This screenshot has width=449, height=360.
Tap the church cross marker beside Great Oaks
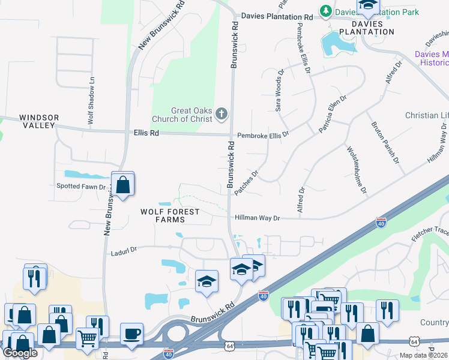tap(221, 113)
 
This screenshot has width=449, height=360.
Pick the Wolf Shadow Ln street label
tap(91, 100)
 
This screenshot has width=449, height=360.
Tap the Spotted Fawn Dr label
tap(81, 187)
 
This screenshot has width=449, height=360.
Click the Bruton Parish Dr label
tap(385, 143)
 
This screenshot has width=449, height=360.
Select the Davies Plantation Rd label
tap(277, 17)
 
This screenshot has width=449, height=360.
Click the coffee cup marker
tap(131, 334)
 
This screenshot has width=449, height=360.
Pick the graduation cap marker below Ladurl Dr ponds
tap(206, 281)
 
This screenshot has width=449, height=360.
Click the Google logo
tap(20, 353)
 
